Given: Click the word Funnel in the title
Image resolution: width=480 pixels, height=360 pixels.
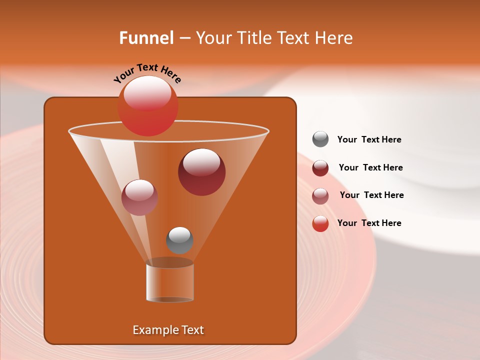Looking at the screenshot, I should pos(146,38).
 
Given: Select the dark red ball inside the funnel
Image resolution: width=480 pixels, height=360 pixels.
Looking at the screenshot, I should pos(201,172).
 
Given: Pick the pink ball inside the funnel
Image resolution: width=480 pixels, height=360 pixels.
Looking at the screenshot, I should pos(139,197).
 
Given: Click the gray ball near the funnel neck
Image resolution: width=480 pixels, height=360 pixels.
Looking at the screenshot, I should pos(179,240).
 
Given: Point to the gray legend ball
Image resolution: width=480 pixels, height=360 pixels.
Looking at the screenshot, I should pos(320,139).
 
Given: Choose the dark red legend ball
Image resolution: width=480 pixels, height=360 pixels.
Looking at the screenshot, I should pos(320,168).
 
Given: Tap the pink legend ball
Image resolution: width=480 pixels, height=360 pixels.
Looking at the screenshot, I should pos(320,196).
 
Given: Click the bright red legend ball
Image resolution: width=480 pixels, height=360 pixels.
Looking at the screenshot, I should pos(320,223).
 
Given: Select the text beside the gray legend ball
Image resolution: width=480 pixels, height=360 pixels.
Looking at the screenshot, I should pos(369,140).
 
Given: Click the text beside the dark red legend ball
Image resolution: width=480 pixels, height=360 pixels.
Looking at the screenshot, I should pos(370,168).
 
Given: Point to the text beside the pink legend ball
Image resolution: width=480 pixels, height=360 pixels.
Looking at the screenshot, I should pos(371,195).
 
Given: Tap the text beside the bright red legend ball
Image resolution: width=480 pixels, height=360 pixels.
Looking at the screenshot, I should pos(369,223).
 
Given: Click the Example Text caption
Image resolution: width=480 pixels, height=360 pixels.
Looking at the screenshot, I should pos(168,330).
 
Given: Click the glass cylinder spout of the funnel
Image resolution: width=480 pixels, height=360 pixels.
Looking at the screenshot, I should pos(170,282).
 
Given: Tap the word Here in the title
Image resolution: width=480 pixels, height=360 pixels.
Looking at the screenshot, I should pos(335,38).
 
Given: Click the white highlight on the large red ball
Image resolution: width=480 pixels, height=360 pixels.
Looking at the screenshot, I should pos(147,92).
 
